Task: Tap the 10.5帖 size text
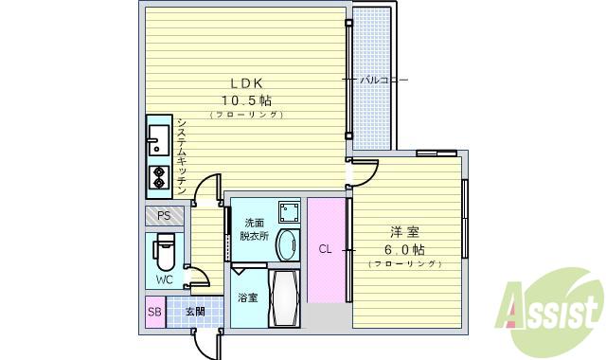(246, 99)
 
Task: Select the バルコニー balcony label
(383, 81)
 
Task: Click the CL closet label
(325, 250)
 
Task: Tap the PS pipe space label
(164, 215)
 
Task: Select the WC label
(164, 279)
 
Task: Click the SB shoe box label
(154, 312)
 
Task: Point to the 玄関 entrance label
(195, 312)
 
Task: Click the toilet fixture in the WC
(165, 253)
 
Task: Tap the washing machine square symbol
(289, 210)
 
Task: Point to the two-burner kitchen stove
(157, 176)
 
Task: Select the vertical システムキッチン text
(181, 157)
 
